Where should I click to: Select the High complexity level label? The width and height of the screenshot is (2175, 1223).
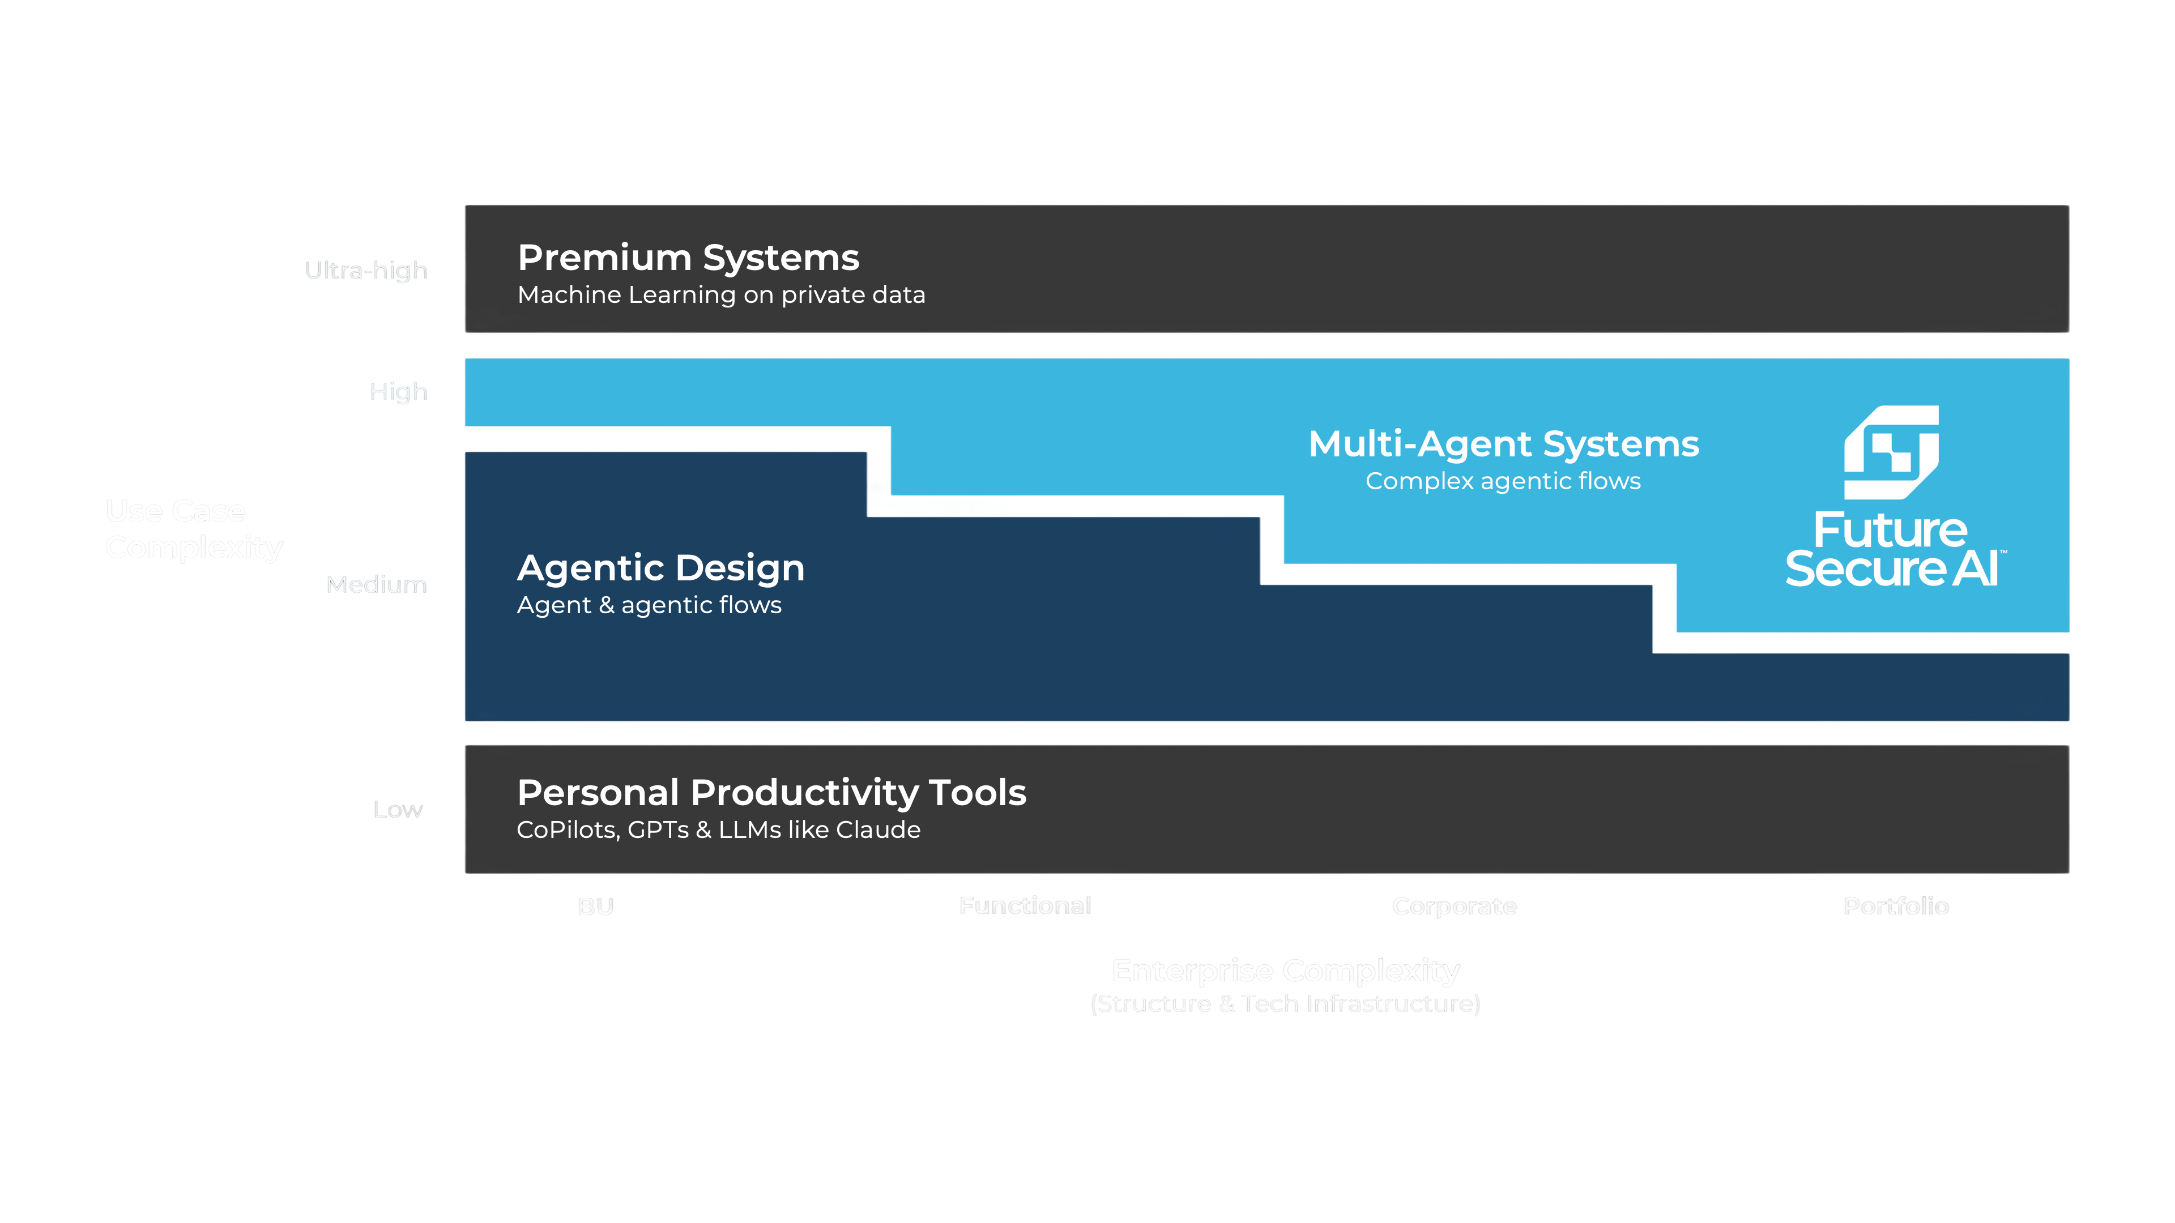click(399, 392)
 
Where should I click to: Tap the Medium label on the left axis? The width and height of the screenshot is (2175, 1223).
click(377, 584)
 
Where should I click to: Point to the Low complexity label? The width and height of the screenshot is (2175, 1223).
click(398, 810)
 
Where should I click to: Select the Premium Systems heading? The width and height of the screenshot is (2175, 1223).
click(688, 258)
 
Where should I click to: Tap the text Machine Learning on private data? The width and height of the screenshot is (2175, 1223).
click(721, 294)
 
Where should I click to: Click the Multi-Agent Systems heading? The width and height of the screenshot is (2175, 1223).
click(1503, 444)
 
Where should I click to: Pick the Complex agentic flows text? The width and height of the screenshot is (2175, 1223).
click(1503, 481)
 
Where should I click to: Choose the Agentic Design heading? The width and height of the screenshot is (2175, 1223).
click(660, 568)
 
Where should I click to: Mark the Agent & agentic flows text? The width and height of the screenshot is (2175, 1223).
click(649, 605)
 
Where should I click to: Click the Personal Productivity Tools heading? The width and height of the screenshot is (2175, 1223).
click(771, 793)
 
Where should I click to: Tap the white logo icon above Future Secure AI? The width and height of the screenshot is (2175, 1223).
click(1891, 452)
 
